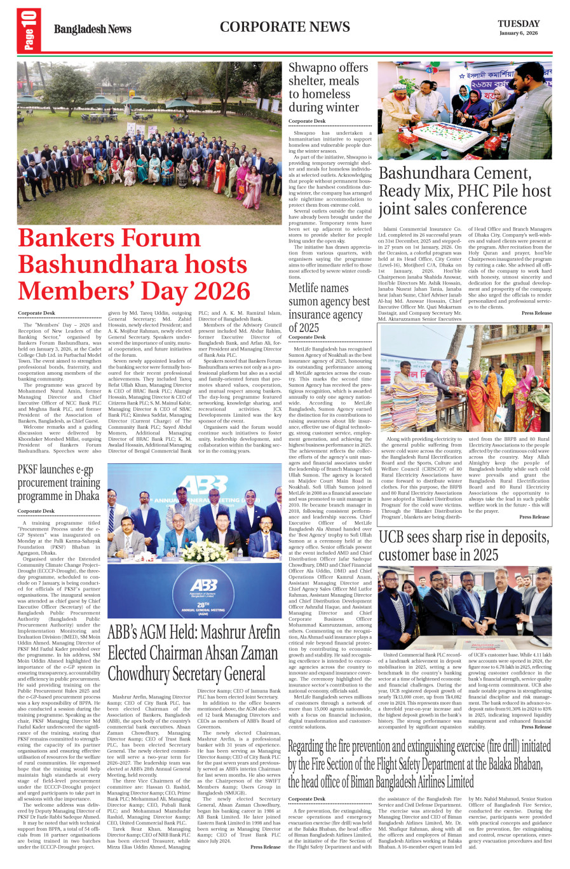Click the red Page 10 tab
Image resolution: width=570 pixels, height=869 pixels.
29,30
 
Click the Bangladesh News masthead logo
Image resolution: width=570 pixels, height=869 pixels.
92,29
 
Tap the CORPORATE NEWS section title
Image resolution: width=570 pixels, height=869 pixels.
285,27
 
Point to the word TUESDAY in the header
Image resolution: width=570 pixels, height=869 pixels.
519,24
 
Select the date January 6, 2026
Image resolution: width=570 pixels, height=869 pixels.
518,33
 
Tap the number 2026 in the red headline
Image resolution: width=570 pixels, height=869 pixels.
212,291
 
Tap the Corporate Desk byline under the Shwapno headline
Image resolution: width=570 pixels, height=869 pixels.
306,121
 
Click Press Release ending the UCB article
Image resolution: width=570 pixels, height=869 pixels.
536,726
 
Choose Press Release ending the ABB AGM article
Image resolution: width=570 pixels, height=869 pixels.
265,847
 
